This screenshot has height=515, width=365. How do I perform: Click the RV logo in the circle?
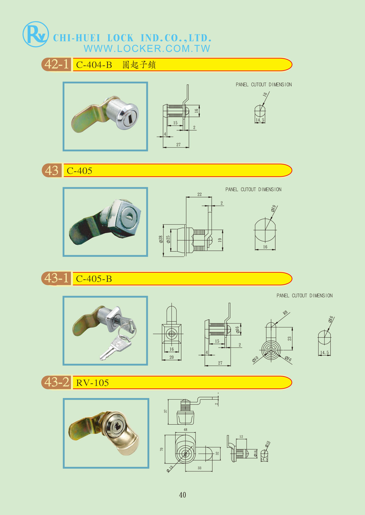[36, 34]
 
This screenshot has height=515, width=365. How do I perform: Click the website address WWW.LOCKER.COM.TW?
[147, 48]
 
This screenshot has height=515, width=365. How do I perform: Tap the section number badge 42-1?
[57, 64]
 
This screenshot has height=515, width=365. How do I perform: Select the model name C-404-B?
[94, 65]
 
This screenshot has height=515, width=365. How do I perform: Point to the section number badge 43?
[52, 170]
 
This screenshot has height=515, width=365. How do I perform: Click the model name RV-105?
[92, 383]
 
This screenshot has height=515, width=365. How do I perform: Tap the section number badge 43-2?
[57, 382]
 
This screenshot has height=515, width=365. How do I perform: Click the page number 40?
[182, 495]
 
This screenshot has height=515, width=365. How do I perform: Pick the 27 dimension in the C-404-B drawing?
[178, 144]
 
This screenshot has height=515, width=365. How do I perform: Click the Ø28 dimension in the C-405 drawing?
[161, 239]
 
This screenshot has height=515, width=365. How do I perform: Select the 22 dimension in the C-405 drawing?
[199, 194]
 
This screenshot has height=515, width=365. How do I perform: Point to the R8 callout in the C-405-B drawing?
[285, 313]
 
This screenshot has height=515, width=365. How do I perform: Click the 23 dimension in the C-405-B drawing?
[289, 339]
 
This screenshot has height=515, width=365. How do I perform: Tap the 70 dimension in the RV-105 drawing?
[162, 449]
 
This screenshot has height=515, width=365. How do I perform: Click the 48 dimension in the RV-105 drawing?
[185, 430]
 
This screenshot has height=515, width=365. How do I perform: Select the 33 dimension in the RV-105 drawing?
[199, 468]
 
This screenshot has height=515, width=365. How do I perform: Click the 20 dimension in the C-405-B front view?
[171, 357]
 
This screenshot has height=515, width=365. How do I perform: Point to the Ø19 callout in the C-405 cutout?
[273, 209]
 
